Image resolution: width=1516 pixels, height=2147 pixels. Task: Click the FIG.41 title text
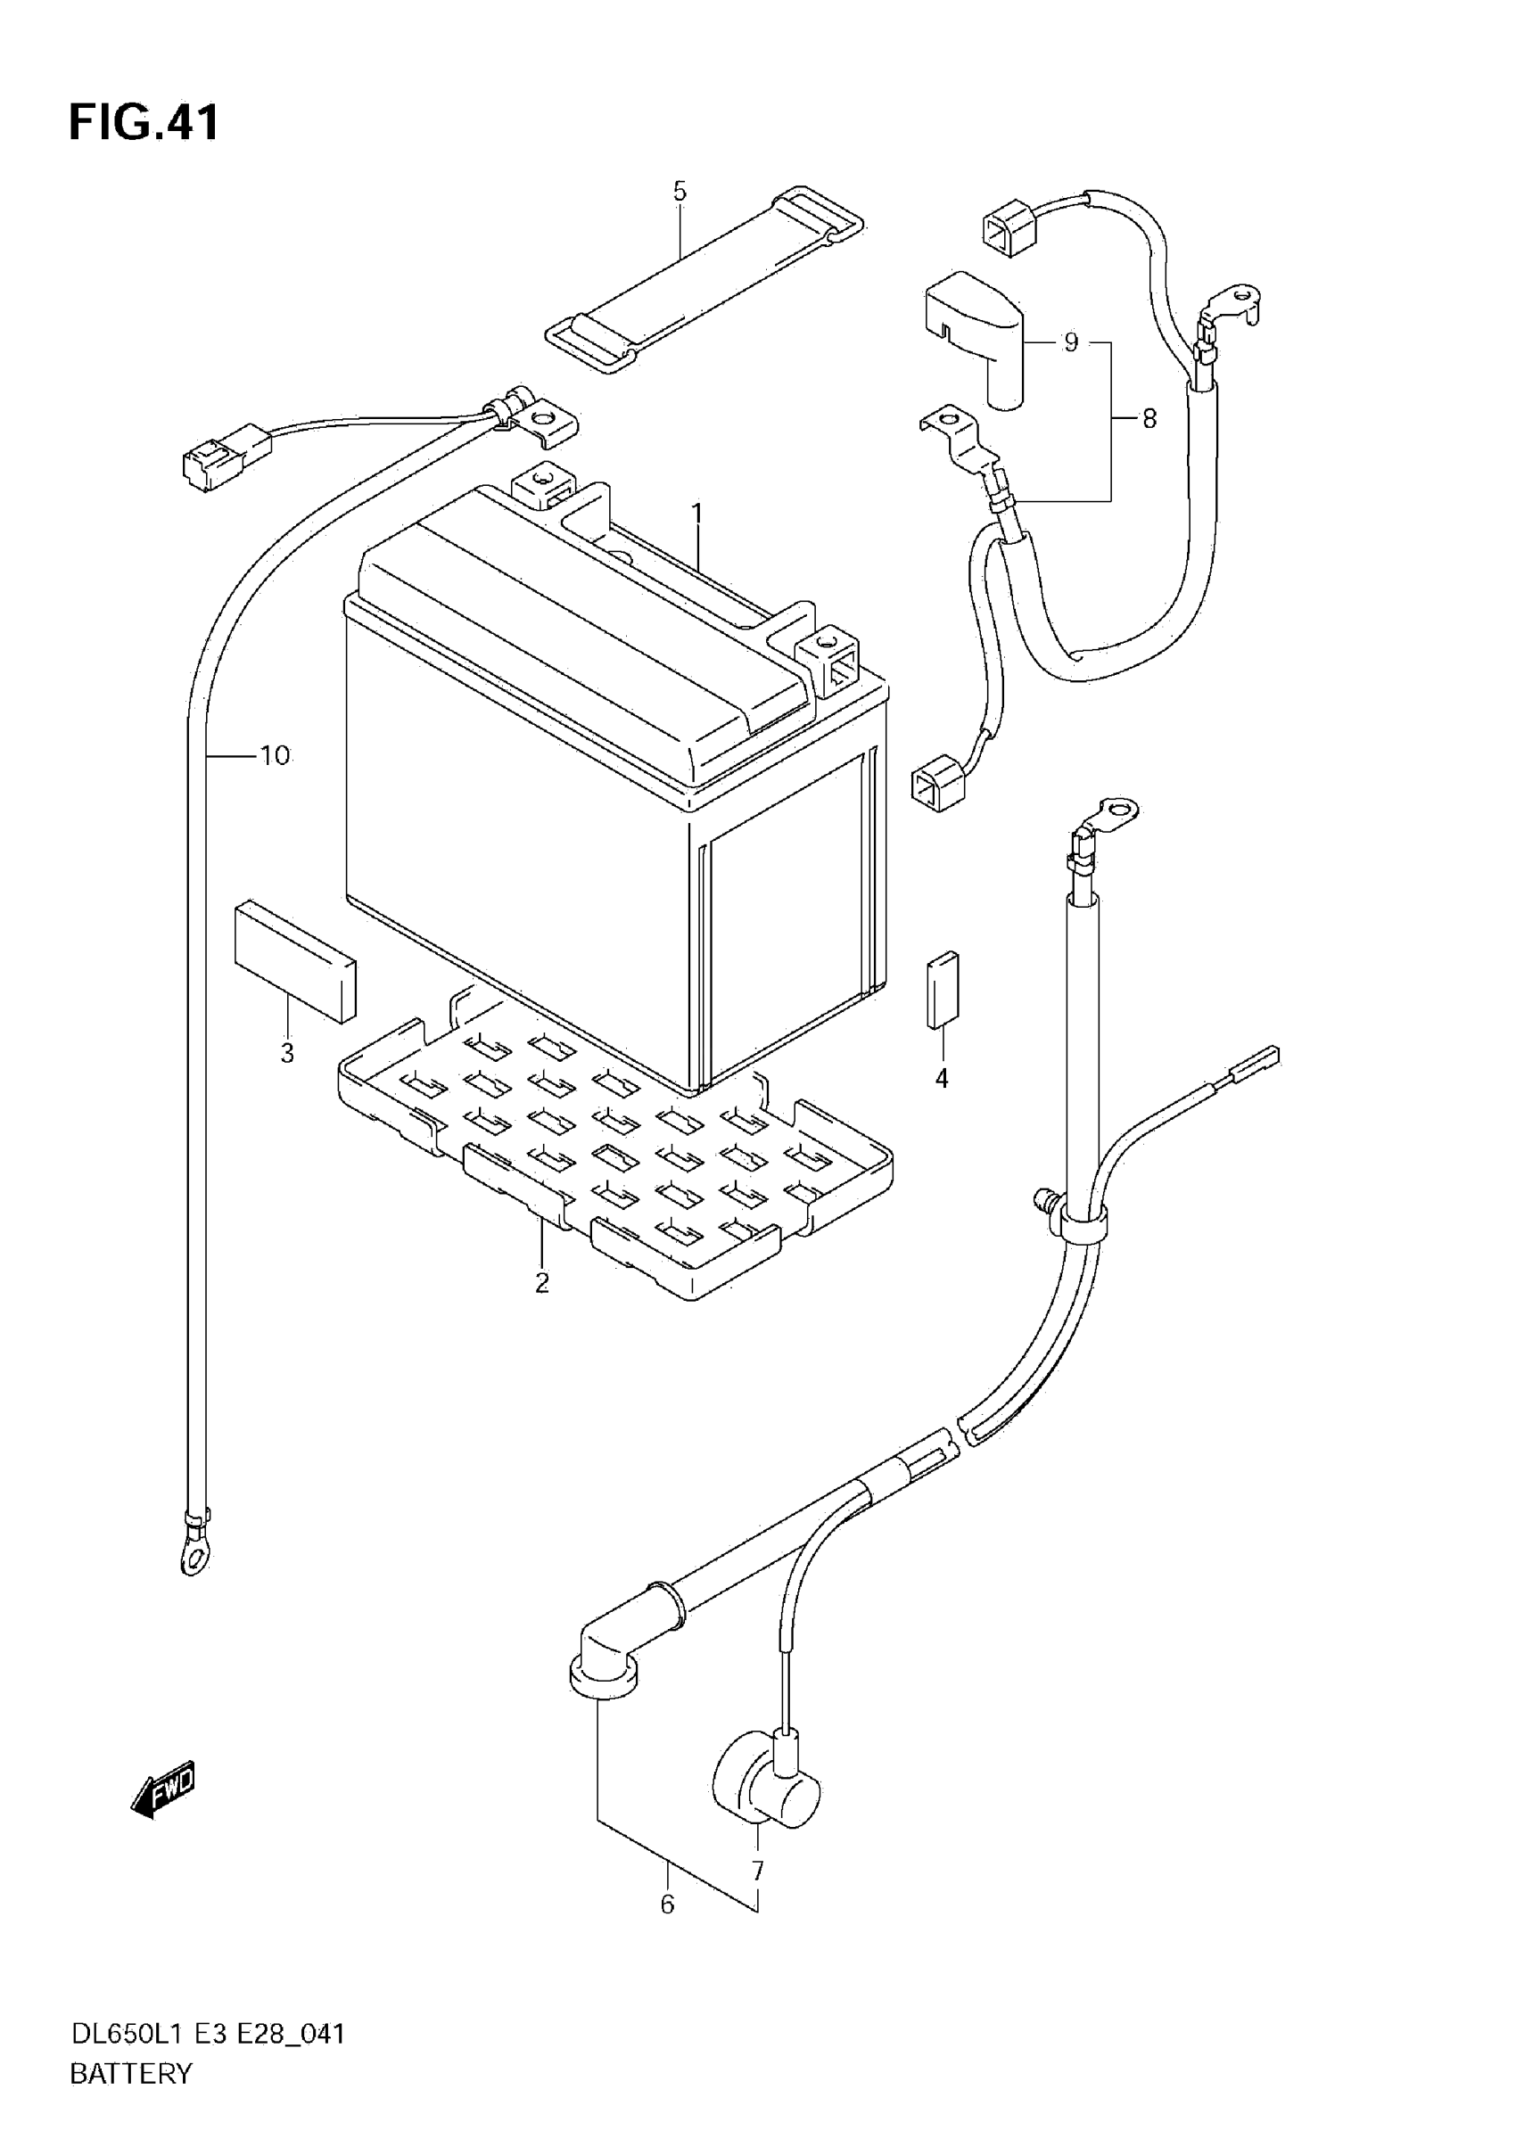click(144, 122)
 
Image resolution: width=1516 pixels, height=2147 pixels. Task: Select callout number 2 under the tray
click(542, 1283)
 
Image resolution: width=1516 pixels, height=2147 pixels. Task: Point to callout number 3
click(287, 1054)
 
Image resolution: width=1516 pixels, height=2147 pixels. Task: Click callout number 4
click(942, 1078)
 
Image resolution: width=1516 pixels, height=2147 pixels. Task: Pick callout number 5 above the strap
click(680, 192)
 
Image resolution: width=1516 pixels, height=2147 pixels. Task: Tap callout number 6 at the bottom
click(667, 1904)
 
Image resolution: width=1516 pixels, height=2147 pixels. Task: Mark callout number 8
click(1149, 419)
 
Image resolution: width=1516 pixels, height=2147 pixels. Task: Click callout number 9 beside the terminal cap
click(1071, 342)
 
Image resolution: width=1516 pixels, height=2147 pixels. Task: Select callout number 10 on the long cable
click(275, 754)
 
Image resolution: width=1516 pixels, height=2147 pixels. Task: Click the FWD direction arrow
click(165, 1789)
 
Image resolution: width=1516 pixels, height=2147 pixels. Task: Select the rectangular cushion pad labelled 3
click(294, 959)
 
